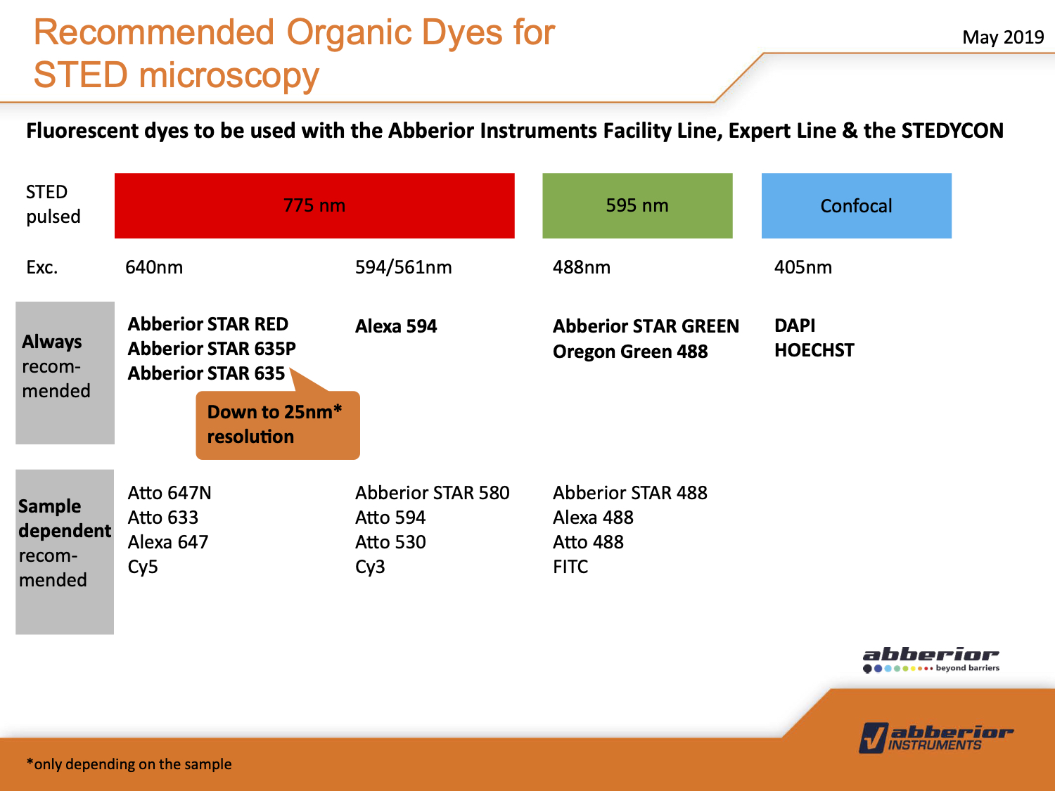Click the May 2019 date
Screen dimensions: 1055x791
click(x=1003, y=37)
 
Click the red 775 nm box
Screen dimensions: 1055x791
click(x=314, y=205)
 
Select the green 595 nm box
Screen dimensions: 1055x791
click(x=637, y=205)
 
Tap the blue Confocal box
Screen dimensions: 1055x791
click(x=857, y=205)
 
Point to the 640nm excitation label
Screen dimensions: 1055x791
click(x=154, y=267)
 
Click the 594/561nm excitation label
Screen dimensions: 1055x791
click(x=403, y=267)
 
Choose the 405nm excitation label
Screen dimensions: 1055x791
click(x=803, y=267)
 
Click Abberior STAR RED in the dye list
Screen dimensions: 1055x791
click(x=207, y=324)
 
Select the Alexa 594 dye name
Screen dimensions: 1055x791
click(x=396, y=326)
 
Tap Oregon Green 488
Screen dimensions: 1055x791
click(x=630, y=352)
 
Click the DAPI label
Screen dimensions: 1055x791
click(x=795, y=325)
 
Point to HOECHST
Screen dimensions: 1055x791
click(x=814, y=350)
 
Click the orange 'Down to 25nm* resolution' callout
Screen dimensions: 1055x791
click(x=278, y=425)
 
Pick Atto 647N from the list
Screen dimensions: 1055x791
click(x=170, y=493)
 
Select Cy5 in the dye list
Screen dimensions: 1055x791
click(x=143, y=567)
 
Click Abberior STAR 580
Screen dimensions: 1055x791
click(x=432, y=493)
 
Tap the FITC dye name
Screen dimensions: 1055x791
click(x=570, y=567)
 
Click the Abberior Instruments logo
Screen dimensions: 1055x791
click(x=935, y=738)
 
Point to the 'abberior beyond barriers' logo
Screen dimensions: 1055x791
click(x=931, y=660)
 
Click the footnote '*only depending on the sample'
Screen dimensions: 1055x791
click(x=129, y=764)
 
